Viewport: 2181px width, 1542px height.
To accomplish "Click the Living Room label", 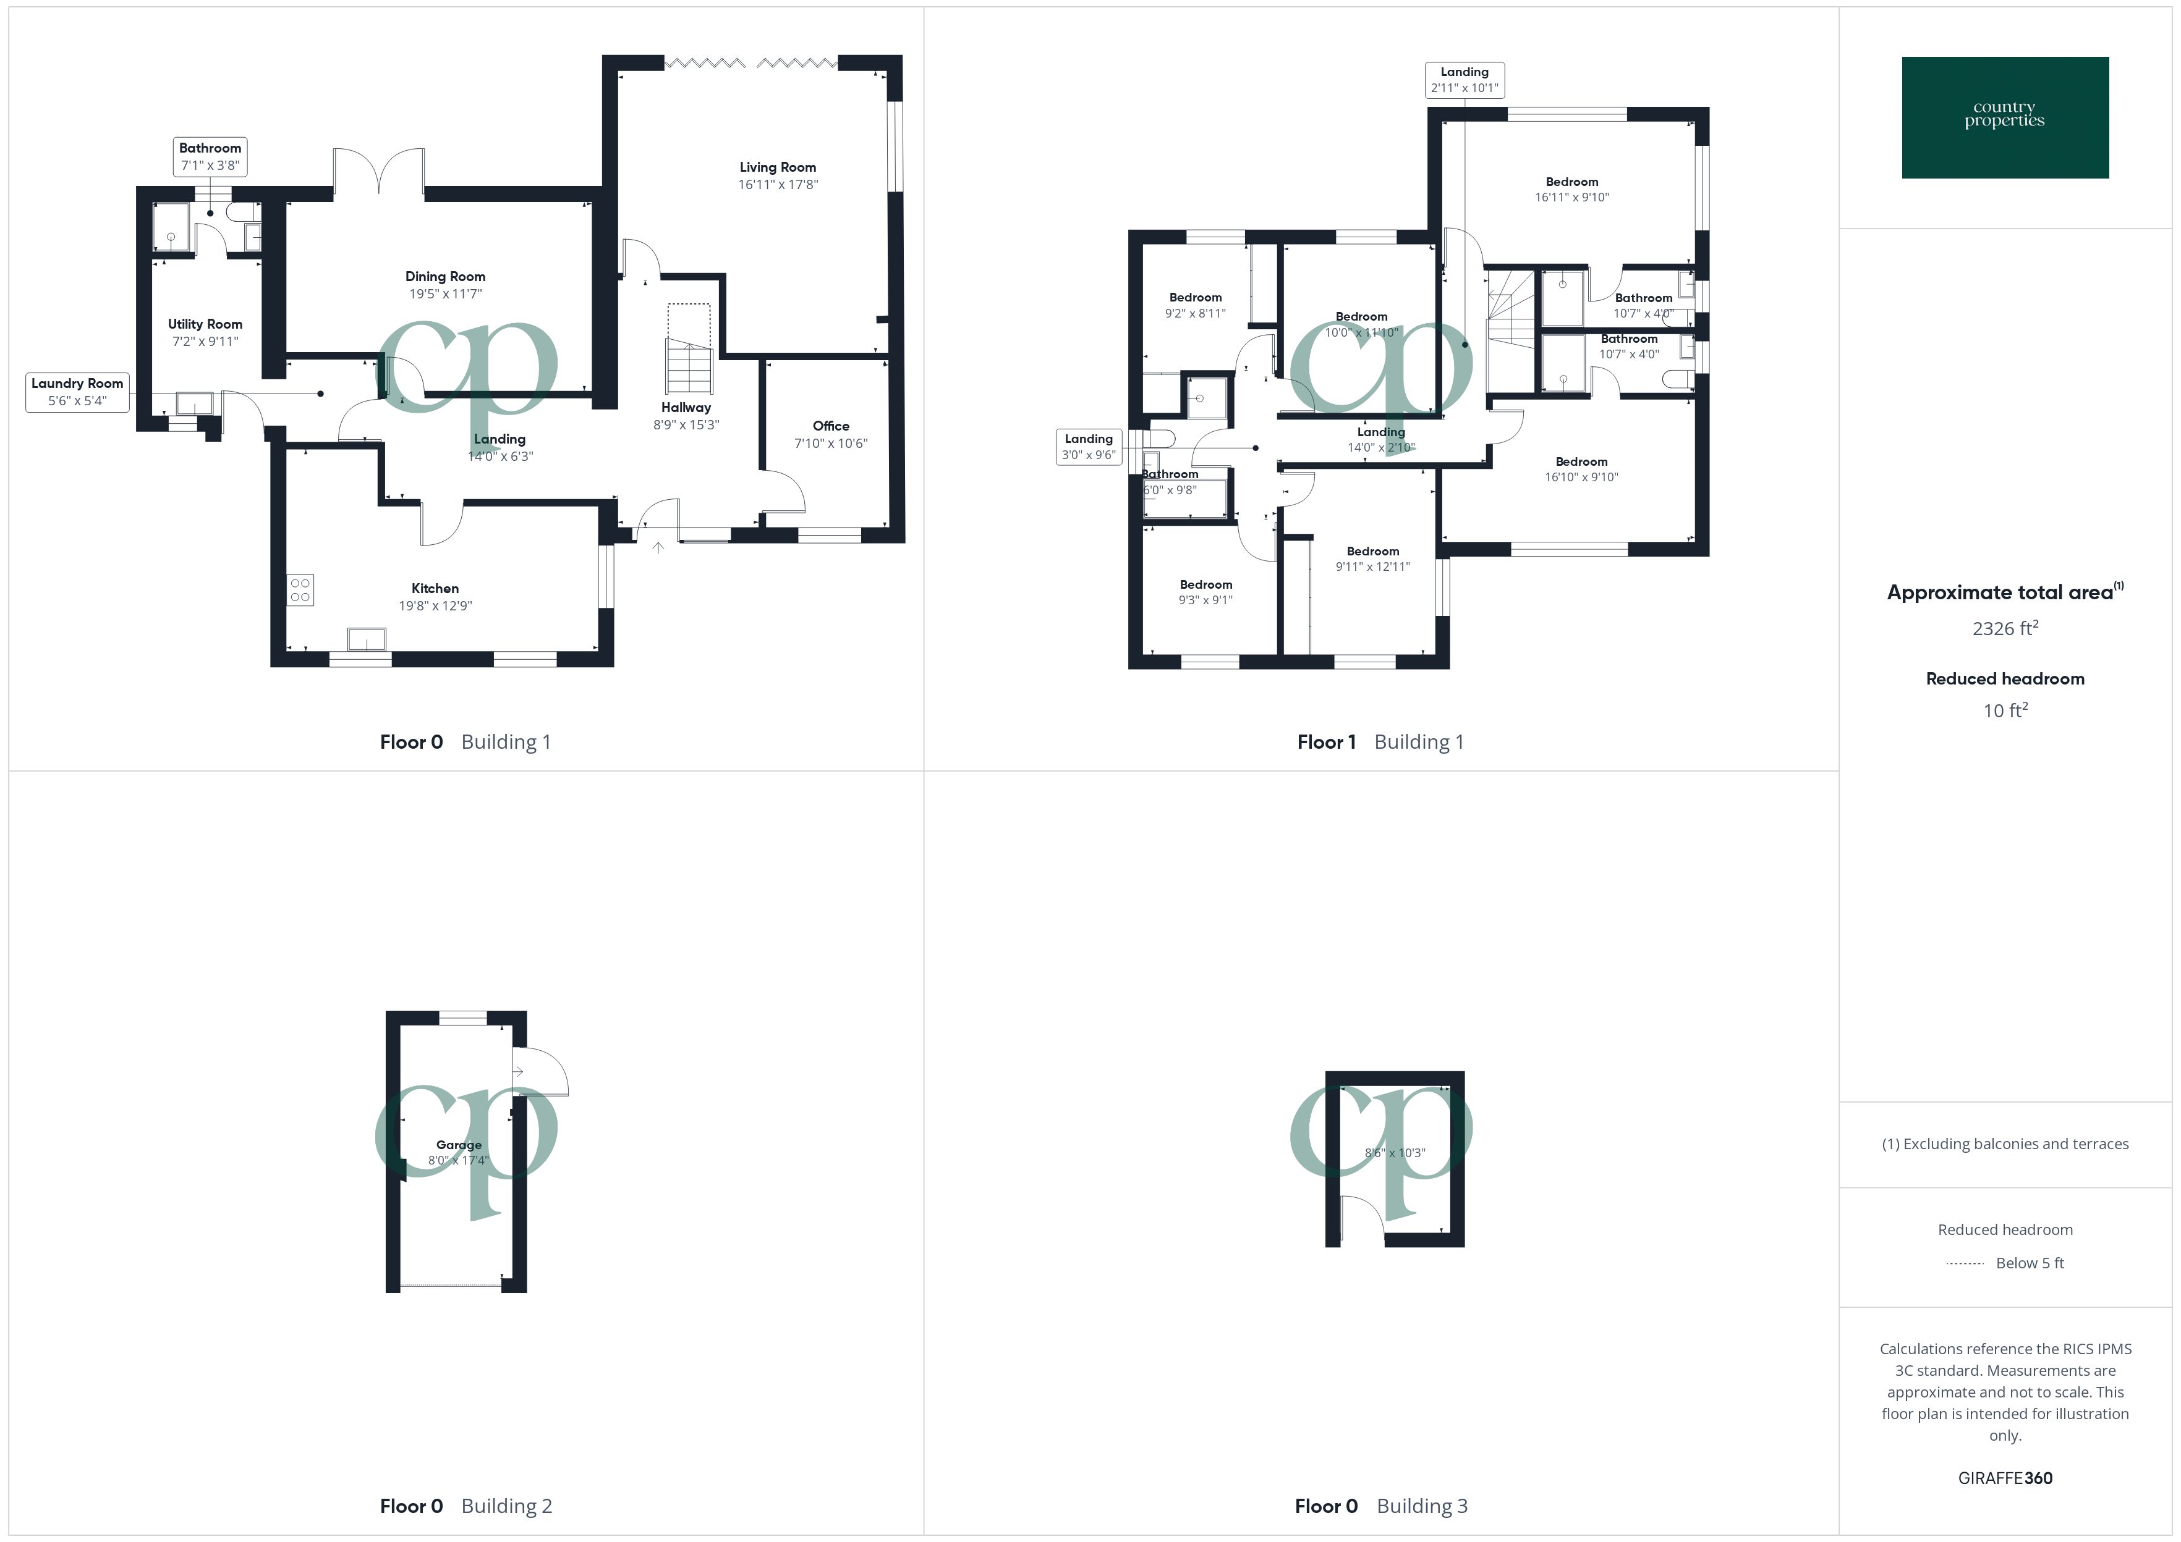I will tap(777, 167).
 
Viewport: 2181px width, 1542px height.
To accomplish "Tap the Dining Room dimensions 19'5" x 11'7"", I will tap(446, 294).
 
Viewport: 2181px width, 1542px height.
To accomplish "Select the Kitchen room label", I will tap(435, 589).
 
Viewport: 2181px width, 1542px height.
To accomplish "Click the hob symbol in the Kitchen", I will tap(300, 589).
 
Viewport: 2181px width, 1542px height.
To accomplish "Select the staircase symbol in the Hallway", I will tap(689, 366).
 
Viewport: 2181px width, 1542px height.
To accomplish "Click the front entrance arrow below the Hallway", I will tap(657, 548).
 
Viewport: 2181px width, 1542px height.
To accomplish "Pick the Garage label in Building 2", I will tap(459, 1145).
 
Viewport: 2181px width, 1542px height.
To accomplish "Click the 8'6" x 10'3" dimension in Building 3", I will tap(1395, 1153).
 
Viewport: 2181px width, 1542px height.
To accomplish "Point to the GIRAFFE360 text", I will tap(2004, 1478).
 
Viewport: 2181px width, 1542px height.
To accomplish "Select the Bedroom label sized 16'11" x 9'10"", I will tap(1571, 182).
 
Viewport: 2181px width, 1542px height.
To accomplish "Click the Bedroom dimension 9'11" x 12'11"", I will tap(1372, 567).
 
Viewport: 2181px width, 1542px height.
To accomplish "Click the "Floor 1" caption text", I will tap(1326, 743).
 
